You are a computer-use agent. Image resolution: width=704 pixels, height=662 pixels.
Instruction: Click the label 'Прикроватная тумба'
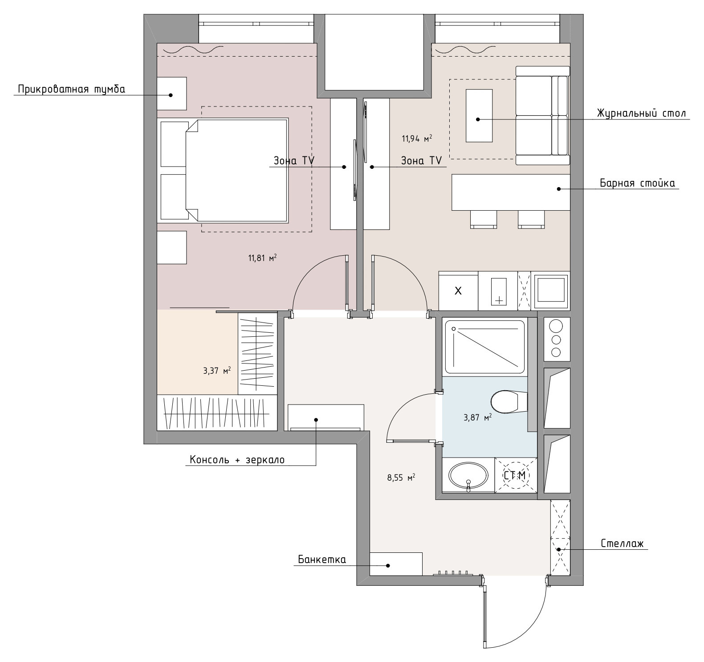[x=71, y=90]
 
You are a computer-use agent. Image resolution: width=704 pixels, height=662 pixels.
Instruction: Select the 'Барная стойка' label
[x=637, y=183]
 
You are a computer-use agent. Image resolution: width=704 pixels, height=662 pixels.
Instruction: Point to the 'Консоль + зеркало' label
[x=237, y=460]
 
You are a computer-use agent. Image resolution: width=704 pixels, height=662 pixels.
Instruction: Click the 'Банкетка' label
[x=321, y=560]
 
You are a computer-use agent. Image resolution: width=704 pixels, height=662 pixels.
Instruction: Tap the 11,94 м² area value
[x=417, y=139]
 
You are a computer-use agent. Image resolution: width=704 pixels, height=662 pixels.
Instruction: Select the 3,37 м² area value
[x=217, y=371]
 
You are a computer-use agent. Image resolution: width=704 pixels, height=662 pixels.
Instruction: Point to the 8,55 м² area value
[x=401, y=478]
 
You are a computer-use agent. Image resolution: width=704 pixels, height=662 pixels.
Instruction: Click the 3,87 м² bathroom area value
[x=478, y=417]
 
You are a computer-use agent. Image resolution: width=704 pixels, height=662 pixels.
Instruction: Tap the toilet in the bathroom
[x=509, y=401]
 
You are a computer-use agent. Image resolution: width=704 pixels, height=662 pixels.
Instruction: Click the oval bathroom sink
[x=468, y=476]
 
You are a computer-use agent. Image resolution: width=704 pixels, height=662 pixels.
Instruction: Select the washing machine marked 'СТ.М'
[x=515, y=475]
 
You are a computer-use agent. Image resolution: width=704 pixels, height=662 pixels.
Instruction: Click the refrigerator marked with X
[x=458, y=291]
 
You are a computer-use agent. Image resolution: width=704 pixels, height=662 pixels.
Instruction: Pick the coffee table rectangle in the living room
[x=479, y=116]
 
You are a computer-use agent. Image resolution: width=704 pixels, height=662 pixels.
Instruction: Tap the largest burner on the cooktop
[x=556, y=326]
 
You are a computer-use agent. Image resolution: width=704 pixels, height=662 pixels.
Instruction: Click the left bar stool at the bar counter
[x=484, y=219]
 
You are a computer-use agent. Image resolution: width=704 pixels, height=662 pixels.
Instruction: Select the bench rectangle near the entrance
[x=396, y=564]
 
